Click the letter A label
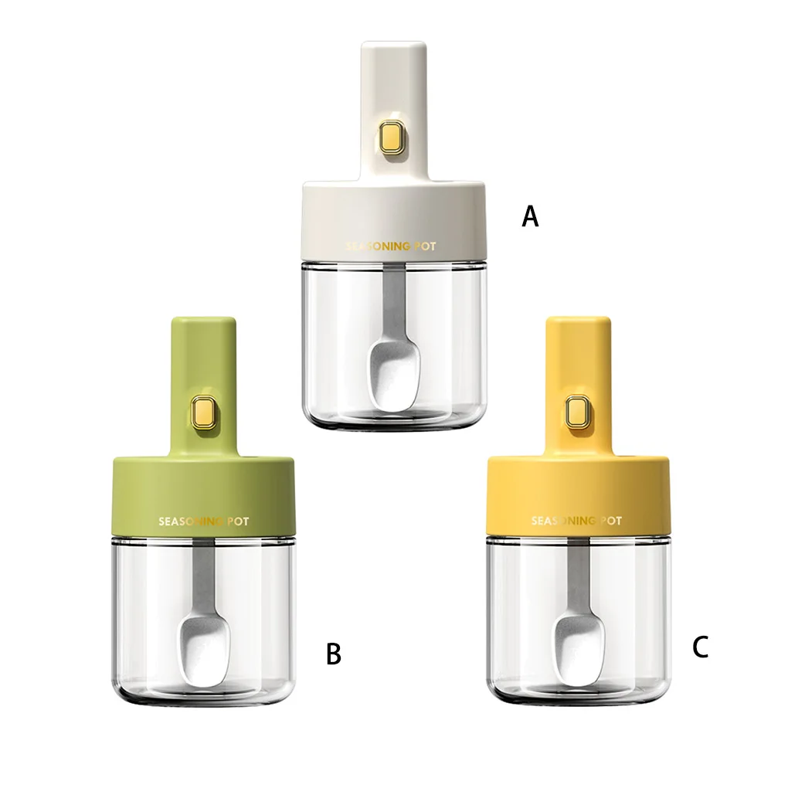tap(530, 217)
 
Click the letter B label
tap(334, 654)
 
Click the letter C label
tap(700, 647)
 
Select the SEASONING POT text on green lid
tap(203, 521)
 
